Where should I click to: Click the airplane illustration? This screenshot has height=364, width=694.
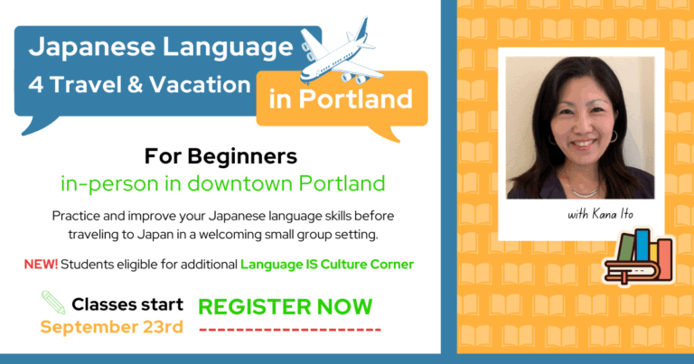coord(341,54)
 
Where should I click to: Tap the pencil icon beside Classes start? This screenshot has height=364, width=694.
coord(53,303)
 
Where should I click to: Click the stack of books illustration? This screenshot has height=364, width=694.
coord(638,257)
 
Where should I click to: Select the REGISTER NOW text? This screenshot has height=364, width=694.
coord(285,307)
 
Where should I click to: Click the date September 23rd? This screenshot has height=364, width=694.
coord(111,327)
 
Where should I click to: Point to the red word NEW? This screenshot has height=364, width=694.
coord(41,265)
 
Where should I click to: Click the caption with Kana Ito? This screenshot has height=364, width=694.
coord(600,214)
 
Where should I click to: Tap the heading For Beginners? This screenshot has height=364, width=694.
coord(220,156)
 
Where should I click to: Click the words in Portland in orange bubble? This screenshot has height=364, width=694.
coord(341,98)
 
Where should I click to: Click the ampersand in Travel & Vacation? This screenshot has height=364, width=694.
coord(135,85)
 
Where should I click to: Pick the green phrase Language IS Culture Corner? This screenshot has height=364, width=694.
coord(327,265)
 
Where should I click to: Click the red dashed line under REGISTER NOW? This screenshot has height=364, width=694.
coord(290,330)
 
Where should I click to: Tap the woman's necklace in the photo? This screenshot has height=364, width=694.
coord(585,192)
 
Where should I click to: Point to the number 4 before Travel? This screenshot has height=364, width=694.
coord(36,85)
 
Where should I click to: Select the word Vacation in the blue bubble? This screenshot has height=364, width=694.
coord(200,85)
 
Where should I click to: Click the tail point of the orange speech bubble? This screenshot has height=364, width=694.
coord(399,142)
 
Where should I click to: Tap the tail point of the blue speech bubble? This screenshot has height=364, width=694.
coord(22,135)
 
